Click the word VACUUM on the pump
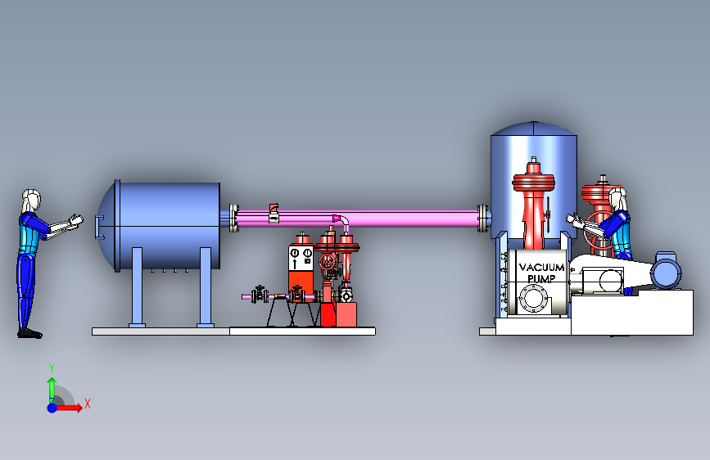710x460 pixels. pyautogui.click(x=541, y=267)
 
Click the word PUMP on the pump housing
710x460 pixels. pyautogui.click(x=541, y=278)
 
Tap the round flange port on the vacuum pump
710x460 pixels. pyautogui.click(x=533, y=300)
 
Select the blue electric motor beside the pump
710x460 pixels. pyautogui.click(x=666, y=272)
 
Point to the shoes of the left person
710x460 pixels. pyautogui.click(x=29, y=334)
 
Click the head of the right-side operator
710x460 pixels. pyautogui.click(x=618, y=198)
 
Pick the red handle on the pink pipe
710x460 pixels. pyautogui.click(x=274, y=208)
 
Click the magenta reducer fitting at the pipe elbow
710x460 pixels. pyautogui.click(x=337, y=219)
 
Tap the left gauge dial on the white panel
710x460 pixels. pyautogui.click(x=295, y=252)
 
